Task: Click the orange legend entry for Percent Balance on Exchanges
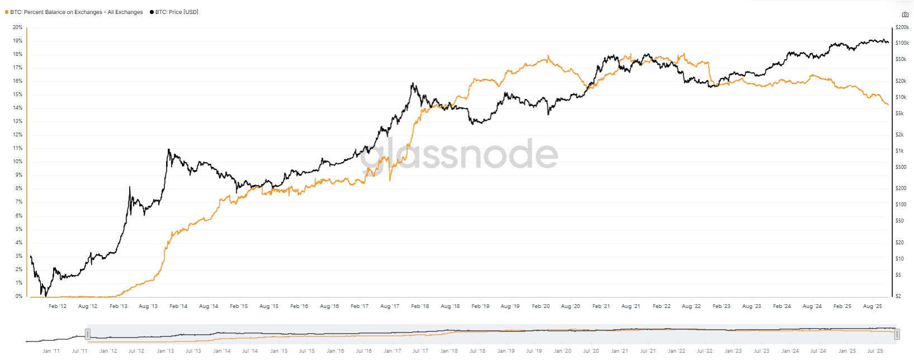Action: tap(76, 12)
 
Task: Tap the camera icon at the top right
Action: tap(905, 15)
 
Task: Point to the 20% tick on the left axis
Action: tap(17, 27)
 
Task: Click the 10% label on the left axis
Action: tap(17, 162)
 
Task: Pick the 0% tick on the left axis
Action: tap(19, 296)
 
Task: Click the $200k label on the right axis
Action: tap(902, 27)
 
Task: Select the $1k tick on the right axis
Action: tap(900, 151)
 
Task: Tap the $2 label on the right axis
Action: tap(898, 296)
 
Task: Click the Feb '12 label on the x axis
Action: tap(58, 306)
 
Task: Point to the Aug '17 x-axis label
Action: tap(390, 306)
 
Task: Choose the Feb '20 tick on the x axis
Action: tap(541, 306)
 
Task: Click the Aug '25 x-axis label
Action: tap(873, 306)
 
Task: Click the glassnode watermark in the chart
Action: tap(458, 154)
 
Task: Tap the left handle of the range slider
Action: tap(88, 334)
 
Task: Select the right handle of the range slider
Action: tap(897, 334)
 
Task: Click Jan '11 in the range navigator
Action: tap(51, 351)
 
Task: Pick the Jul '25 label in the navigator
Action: tap(875, 351)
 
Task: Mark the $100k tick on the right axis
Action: tap(902, 43)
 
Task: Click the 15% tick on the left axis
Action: tap(17, 94)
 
